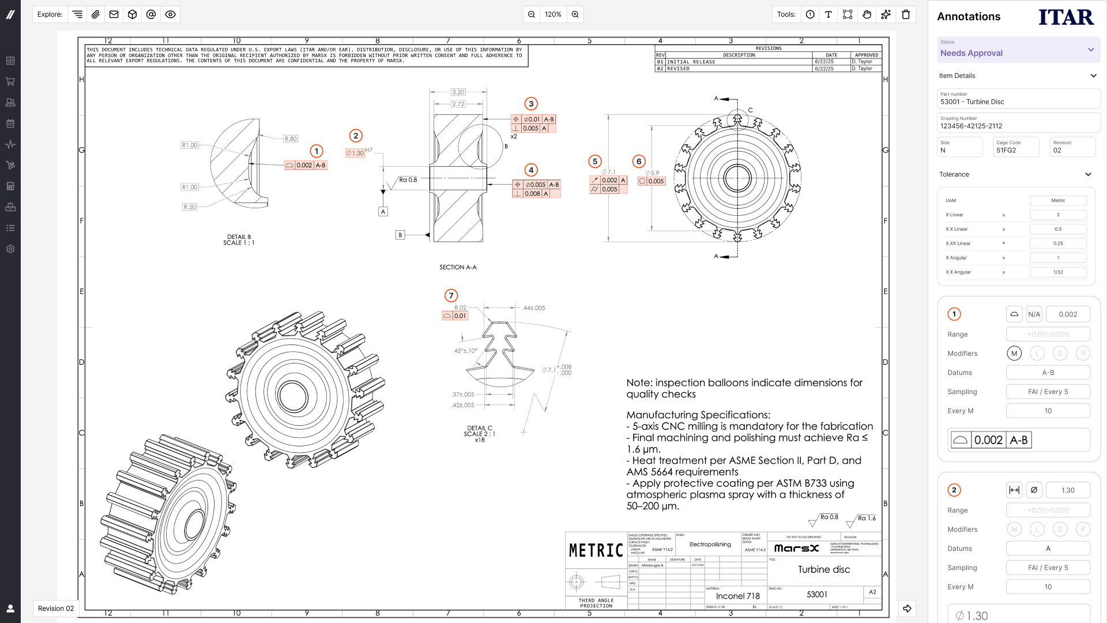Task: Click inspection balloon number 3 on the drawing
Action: [x=531, y=104]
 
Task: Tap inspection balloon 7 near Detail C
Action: [x=451, y=295]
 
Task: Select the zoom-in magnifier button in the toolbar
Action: [x=575, y=14]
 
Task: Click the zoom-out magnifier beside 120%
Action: [x=532, y=14]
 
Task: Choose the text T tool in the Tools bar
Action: [x=829, y=14]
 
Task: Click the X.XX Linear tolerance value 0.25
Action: [x=1058, y=243]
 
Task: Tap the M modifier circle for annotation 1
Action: [x=1014, y=354]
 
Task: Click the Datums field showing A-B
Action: [x=1048, y=373]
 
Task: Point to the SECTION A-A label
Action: [x=458, y=268]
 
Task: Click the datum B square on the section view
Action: [x=400, y=235]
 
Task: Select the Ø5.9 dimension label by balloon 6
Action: [x=652, y=173]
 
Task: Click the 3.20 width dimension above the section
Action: [x=458, y=92]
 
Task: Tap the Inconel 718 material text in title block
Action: [x=737, y=596]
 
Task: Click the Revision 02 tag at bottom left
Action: [x=56, y=609]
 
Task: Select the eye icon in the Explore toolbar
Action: [x=170, y=14]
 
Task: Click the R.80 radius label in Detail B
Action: [x=291, y=139]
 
